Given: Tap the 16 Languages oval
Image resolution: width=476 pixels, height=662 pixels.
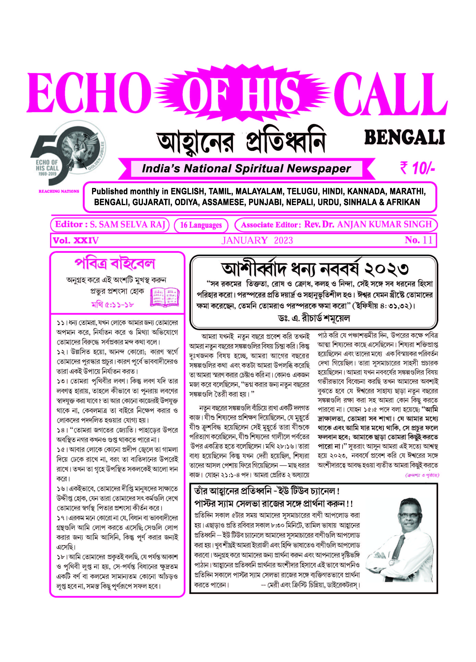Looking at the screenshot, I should pyautogui.click(x=201, y=225).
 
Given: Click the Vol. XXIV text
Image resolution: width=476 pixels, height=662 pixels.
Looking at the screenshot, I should pyautogui.click(x=76, y=240).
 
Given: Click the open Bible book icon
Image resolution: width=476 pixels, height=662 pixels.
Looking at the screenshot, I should pyautogui.click(x=165, y=297).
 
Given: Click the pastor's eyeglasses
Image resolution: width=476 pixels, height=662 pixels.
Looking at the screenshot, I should pyautogui.click(x=409, y=516).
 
